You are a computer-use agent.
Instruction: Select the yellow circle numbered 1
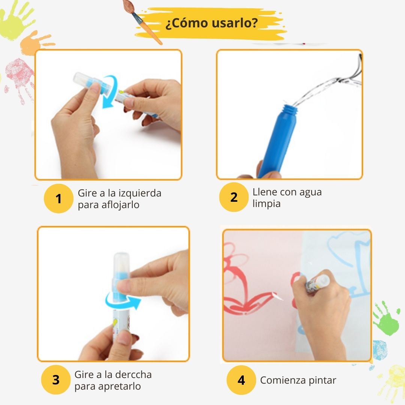[58, 199]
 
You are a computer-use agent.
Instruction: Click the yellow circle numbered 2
[234, 197]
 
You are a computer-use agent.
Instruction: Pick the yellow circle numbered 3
[55, 380]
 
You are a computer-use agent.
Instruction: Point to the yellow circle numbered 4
[241, 380]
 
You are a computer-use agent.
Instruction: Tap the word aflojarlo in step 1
[120, 205]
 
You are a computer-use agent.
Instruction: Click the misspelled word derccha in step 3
[133, 375]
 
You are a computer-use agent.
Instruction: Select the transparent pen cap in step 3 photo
[121, 266]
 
